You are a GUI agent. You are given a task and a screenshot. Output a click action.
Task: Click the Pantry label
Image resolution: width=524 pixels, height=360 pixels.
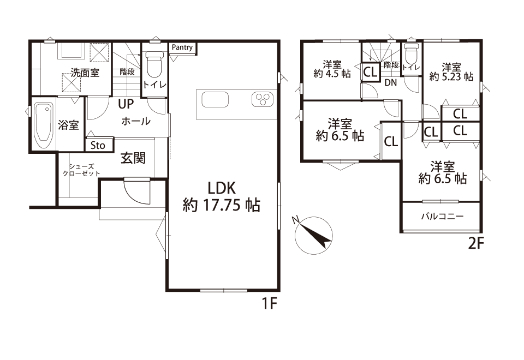tap(182, 47)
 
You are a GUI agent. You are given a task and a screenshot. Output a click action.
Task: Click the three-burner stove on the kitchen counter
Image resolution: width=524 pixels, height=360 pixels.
tap(263, 99)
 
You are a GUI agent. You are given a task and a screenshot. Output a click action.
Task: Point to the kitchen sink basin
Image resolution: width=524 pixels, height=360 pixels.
tap(216, 99)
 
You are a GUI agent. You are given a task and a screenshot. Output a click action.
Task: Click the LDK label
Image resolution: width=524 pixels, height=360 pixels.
tap(222, 189)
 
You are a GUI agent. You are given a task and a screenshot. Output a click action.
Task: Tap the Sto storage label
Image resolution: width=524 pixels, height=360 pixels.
tap(98, 146)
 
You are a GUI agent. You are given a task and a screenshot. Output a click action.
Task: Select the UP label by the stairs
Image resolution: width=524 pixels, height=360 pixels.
tap(126, 104)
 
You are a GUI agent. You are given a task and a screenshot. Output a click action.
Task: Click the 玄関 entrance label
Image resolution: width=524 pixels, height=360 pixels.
tap(133, 158)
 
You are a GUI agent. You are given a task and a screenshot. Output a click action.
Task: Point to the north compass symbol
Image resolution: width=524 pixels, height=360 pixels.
tap(313, 234)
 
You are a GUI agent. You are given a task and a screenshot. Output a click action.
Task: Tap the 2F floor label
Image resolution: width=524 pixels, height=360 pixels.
tap(476, 244)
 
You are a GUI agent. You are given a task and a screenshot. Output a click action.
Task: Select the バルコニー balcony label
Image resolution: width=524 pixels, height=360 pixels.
tap(442, 217)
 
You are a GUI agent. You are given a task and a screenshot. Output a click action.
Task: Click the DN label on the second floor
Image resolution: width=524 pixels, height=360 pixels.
tap(391, 82)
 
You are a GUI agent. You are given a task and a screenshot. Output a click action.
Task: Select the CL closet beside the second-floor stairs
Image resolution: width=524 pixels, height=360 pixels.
tap(370, 72)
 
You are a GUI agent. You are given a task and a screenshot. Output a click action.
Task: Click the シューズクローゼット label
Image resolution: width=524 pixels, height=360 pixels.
tap(81, 170)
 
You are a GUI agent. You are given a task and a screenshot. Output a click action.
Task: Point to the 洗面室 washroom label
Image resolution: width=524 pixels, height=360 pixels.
tap(85, 73)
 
